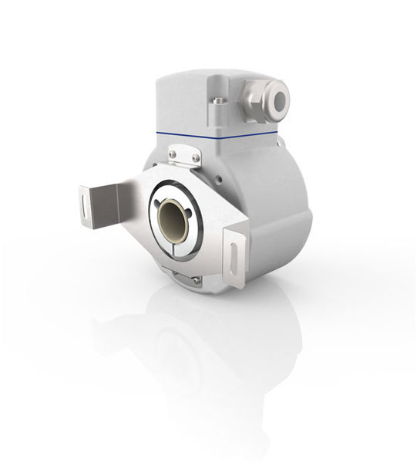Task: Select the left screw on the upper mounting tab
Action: (173, 156)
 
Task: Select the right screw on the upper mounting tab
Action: (196, 158)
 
